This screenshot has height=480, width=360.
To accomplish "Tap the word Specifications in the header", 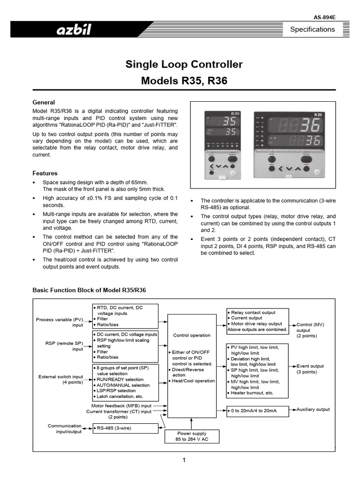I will point(312,30).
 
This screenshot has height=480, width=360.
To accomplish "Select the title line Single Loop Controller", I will point(184,64).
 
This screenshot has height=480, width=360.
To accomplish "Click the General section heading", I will point(43,102).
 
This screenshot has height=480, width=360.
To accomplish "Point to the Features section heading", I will point(45,173).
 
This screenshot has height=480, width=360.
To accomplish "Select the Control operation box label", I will point(192,336).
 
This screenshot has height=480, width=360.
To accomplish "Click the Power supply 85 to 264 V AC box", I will point(191,436).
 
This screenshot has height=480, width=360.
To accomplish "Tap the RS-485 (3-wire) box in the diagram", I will point(126,428).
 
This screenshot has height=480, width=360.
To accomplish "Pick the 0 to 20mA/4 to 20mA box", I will point(257,411).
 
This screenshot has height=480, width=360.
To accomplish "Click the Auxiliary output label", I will point(313,409).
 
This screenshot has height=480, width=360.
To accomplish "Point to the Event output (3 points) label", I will point(310,369).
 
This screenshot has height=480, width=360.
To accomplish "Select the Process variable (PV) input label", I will point(60,322).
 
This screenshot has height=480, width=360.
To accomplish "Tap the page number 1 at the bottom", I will point(184,460).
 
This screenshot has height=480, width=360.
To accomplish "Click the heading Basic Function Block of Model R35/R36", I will point(89,290).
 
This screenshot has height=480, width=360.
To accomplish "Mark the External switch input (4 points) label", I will point(60,379).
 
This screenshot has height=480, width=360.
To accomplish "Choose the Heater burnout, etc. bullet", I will point(252,393).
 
